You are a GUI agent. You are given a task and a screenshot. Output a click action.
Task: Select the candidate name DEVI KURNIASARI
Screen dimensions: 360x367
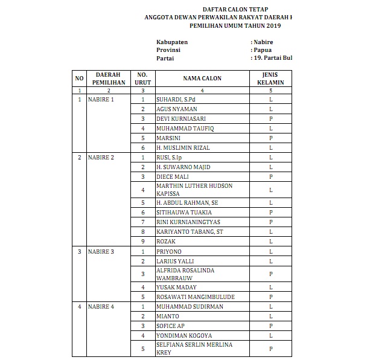180,118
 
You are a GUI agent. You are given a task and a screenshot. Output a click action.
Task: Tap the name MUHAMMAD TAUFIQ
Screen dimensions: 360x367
185,128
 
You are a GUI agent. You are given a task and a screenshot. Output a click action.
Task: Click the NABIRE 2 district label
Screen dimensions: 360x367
101,157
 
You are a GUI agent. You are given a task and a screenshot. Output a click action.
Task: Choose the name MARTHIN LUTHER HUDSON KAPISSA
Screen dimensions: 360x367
194,190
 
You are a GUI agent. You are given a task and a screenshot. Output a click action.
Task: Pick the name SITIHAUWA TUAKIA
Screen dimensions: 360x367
183,213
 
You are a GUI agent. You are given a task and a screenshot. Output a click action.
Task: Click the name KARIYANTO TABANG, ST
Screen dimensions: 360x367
190,231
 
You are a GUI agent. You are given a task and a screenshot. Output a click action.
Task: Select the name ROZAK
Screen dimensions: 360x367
165,241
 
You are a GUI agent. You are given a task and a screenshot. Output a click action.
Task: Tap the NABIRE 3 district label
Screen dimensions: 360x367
101,251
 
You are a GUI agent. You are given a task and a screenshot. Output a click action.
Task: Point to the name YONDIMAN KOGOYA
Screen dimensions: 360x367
185,335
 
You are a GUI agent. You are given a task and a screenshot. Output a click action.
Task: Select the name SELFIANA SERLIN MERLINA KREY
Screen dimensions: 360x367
194,349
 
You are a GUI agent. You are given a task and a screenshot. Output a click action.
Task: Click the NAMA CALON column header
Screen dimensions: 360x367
202,79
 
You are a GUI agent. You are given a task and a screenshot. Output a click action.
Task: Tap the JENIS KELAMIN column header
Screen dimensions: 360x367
270,79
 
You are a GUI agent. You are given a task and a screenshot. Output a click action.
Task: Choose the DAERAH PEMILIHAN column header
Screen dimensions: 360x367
109,79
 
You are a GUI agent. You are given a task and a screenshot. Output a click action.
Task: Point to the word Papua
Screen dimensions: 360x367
263,50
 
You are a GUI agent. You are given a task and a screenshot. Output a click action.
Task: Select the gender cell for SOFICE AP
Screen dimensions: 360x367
271,326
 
